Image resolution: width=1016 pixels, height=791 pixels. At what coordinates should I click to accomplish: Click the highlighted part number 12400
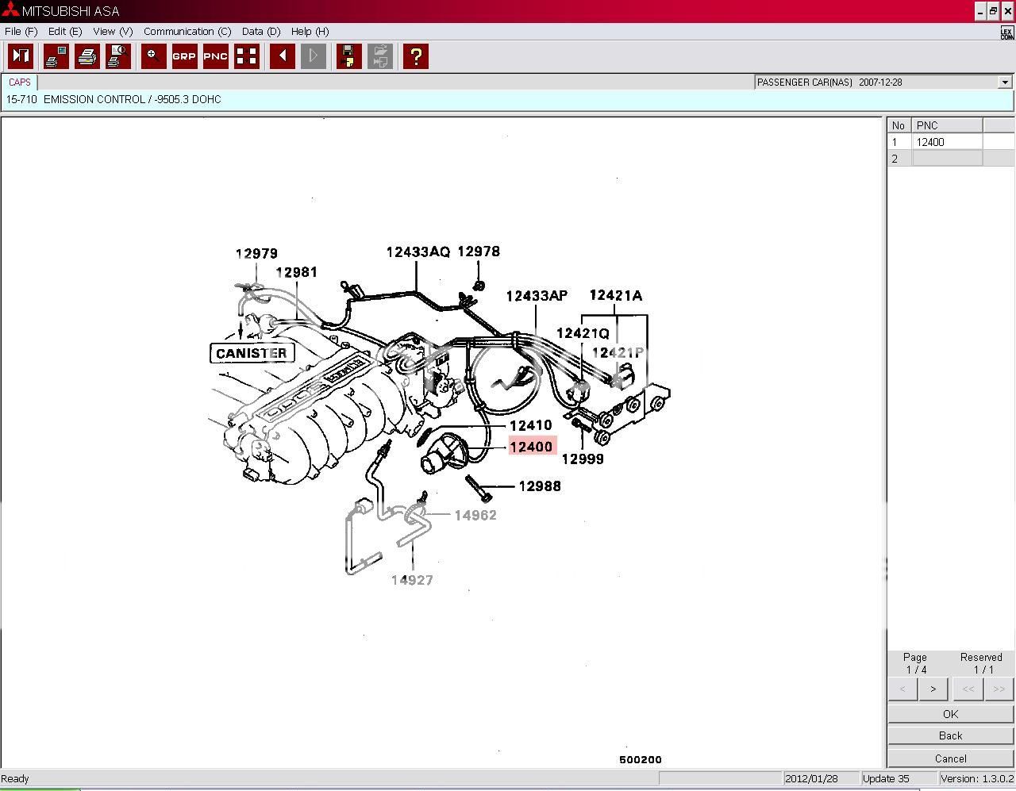(531, 447)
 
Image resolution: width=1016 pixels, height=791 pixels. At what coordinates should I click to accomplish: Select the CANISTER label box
(251, 353)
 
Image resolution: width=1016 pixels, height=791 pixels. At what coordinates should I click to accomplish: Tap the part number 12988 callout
(540, 486)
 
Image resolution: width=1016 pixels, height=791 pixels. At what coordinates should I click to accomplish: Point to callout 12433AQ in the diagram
(418, 252)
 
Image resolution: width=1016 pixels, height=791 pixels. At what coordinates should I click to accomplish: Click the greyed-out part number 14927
(412, 580)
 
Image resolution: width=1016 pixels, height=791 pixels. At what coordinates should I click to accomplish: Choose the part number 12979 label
(256, 254)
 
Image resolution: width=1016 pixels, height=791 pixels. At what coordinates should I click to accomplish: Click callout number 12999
(583, 459)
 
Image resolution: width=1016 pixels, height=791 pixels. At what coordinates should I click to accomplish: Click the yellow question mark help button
(416, 56)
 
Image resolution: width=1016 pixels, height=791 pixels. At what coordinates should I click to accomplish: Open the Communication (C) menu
(187, 32)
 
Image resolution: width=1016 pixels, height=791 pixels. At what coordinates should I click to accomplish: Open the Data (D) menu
(261, 32)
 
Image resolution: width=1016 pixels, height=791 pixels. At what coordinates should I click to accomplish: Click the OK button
(950, 714)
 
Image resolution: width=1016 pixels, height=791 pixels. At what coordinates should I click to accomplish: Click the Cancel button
(950, 758)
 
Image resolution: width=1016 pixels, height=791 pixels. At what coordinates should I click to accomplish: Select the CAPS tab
(20, 82)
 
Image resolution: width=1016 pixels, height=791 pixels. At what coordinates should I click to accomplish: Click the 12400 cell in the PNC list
(946, 142)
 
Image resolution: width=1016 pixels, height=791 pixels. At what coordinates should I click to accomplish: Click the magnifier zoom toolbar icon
(154, 56)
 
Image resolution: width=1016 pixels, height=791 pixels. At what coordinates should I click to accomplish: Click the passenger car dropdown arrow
(1005, 83)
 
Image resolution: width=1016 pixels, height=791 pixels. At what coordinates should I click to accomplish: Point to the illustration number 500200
(640, 759)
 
